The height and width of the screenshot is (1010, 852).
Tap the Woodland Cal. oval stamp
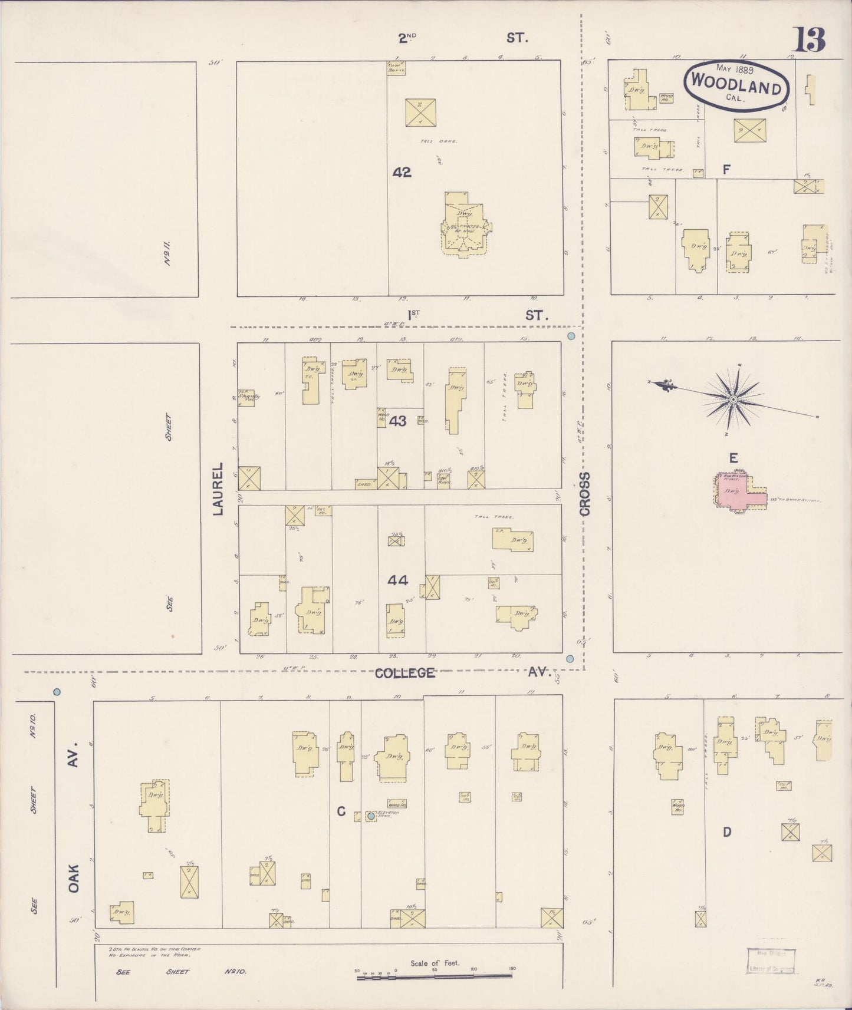[736, 85]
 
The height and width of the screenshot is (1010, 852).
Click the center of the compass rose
[733, 400]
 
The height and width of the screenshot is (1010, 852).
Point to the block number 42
[402, 172]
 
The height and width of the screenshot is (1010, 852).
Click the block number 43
[398, 421]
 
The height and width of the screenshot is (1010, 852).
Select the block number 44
[398, 580]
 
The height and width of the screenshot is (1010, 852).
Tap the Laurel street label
[218, 489]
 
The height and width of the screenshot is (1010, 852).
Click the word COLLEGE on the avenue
[405, 672]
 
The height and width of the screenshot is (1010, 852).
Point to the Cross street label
[584, 494]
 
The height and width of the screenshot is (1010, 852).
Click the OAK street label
[74, 878]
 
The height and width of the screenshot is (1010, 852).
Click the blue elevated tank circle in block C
[371, 816]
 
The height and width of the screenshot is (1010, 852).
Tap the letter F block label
[726, 170]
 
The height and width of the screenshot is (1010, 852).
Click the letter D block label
[727, 831]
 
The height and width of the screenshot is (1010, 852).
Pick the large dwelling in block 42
[465, 224]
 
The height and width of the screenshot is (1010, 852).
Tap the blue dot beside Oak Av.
[57, 691]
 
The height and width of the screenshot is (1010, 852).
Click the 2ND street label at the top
[407, 38]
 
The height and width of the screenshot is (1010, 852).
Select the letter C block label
[341, 812]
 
